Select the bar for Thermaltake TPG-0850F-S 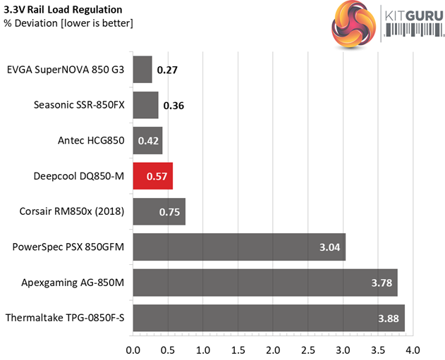(269, 318)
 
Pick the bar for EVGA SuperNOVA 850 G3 (142, 70)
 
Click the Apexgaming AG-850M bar (265, 283)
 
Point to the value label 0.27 (167, 70)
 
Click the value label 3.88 (388, 318)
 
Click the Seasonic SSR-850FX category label (79, 105)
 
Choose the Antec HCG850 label (91, 140)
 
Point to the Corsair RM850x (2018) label (73, 211)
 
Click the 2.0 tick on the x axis (273, 349)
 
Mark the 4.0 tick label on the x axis (413, 349)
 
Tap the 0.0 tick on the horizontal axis (133, 349)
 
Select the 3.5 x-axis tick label (377, 349)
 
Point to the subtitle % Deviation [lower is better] (68, 23)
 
